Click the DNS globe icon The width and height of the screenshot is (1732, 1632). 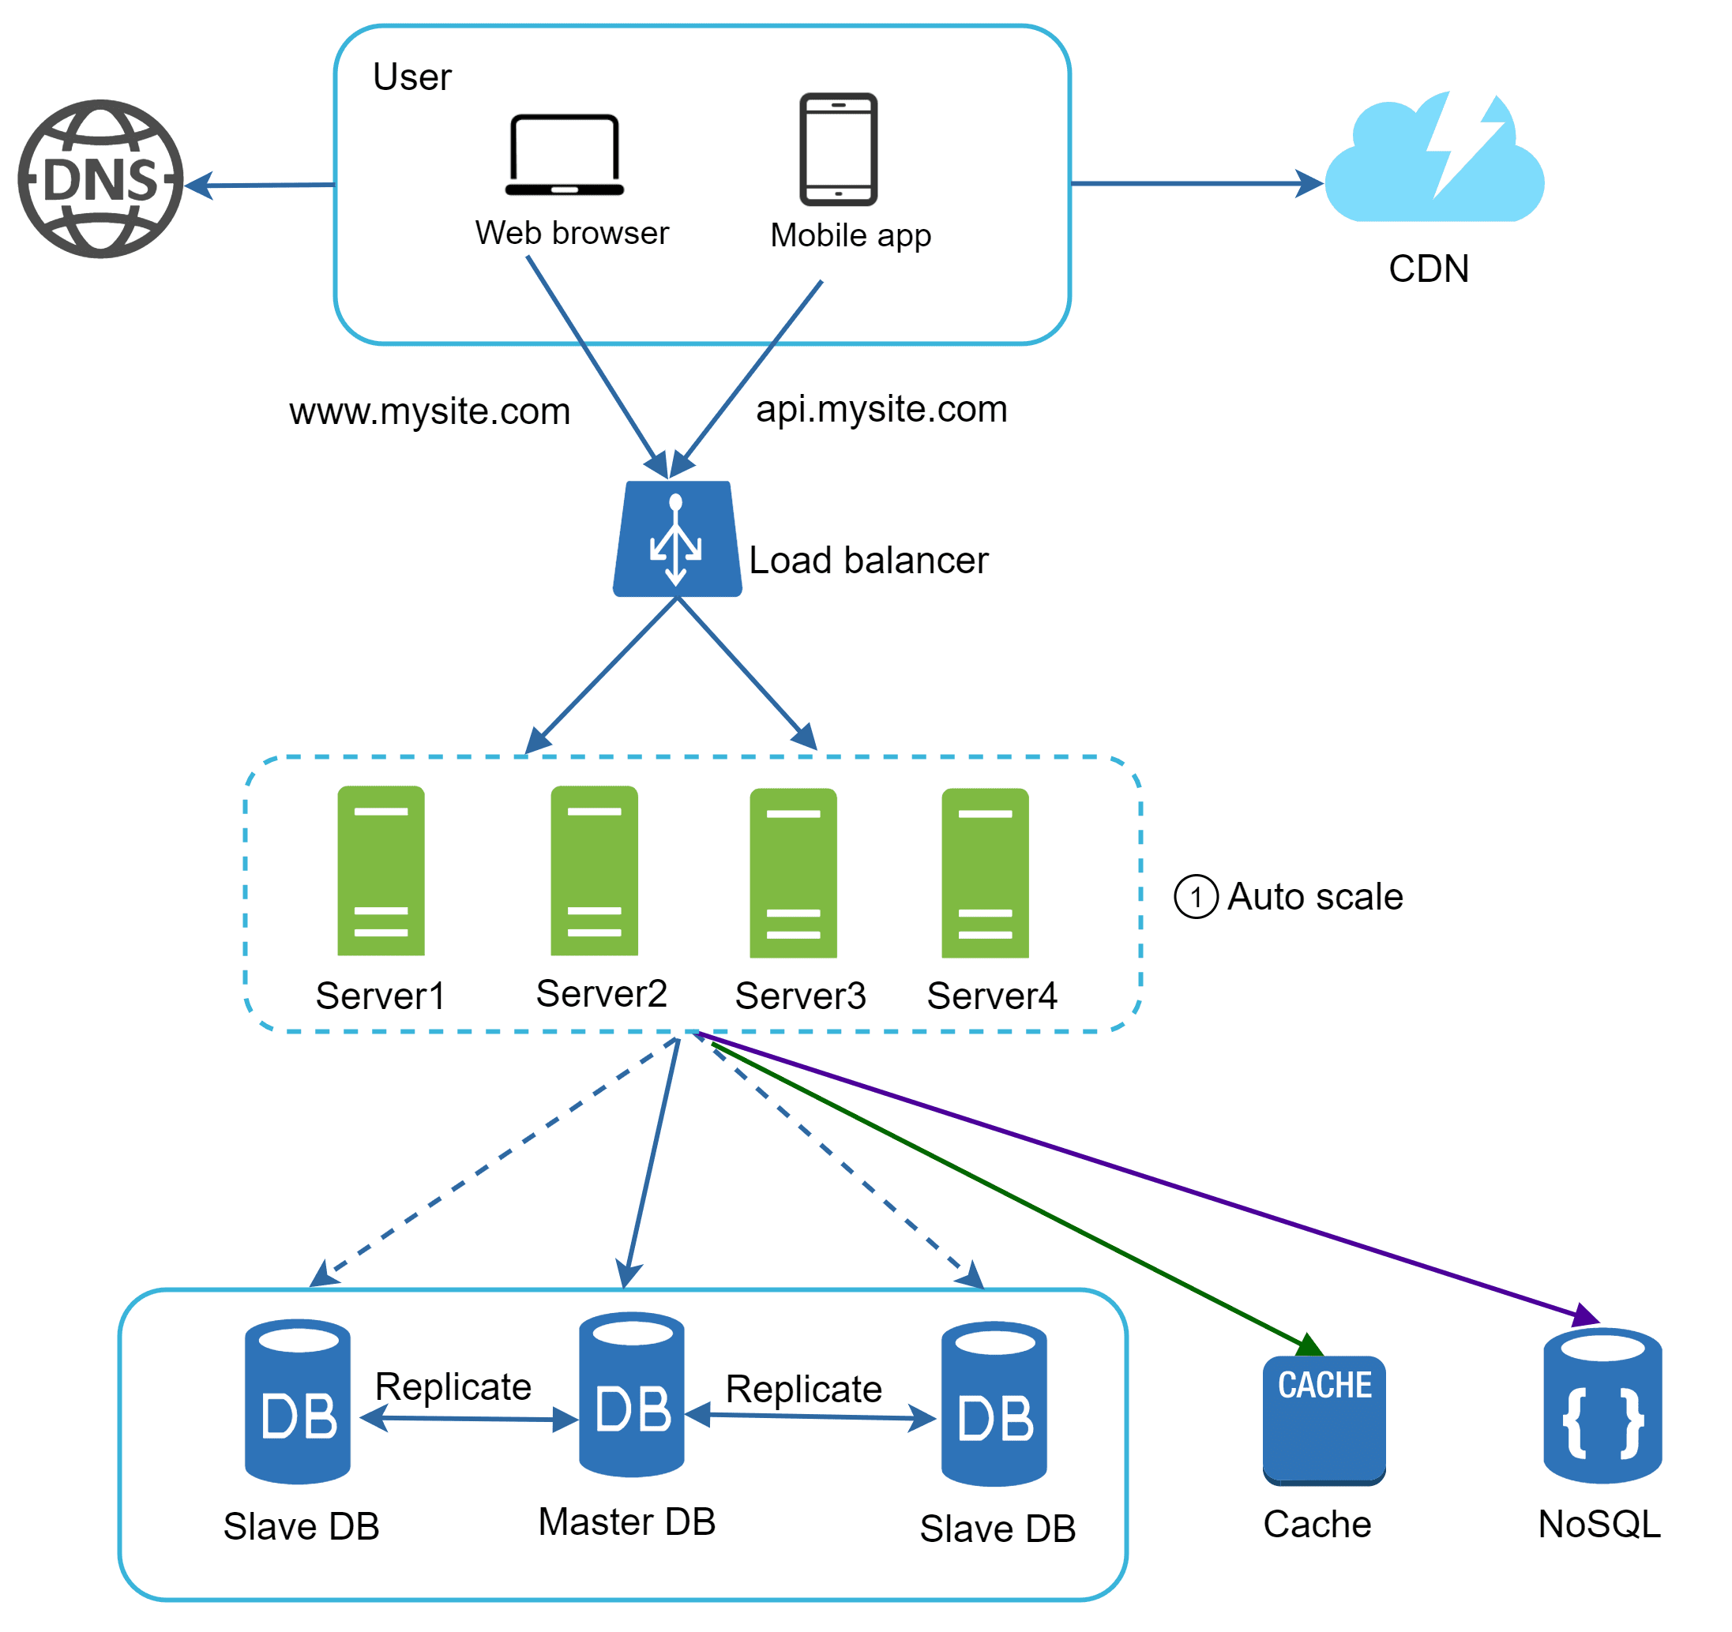pos(101,179)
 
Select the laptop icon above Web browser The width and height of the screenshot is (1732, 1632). pos(565,155)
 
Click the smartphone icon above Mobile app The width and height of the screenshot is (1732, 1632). pos(838,149)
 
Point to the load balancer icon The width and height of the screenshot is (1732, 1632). pos(677,539)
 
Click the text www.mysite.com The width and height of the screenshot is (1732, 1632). pos(430,411)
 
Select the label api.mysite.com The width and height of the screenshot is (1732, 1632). pos(881,408)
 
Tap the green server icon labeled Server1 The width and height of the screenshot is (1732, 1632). pos(381,871)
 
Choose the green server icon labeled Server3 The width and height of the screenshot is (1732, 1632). pos(793,872)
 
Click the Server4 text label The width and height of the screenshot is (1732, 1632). pos(991,996)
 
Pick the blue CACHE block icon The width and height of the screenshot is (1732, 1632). pos(1324,1419)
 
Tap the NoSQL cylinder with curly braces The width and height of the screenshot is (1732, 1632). pos(1602,1405)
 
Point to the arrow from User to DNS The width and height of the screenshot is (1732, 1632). pos(261,186)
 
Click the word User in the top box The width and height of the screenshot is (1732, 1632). pos(412,77)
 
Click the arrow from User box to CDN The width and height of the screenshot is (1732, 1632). pos(1193,184)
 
